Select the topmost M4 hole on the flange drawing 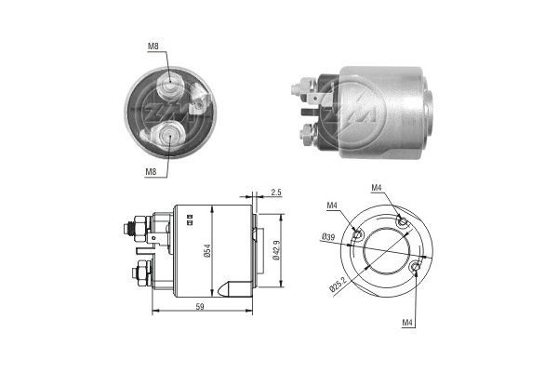pyautogui.click(x=402, y=219)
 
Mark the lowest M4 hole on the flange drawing pyautogui.click(x=415, y=268)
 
